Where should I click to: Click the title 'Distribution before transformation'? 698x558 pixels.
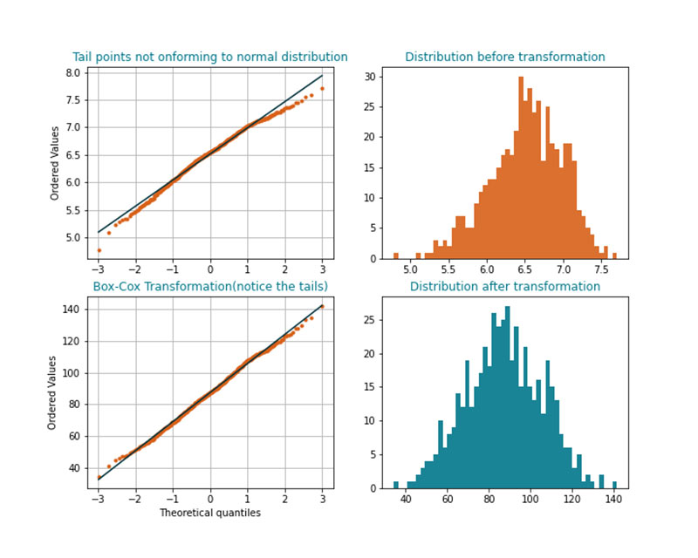[x=504, y=57]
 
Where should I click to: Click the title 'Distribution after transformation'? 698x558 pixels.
[x=504, y=286]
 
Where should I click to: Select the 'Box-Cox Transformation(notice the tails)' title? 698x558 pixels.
[x=210, y=286]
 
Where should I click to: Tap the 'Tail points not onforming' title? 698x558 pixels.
[x=209, y=57]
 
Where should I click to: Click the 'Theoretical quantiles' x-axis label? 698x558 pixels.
[x=209, y=513]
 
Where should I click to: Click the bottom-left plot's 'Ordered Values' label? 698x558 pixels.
[x=52, y=392]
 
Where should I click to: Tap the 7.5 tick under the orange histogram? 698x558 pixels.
[x=601, y=270]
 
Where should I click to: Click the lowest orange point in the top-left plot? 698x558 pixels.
[x=99, y=250]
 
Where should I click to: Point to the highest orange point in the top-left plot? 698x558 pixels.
[x=322, y=88]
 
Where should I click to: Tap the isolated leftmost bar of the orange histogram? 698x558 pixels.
[x=395, y=255]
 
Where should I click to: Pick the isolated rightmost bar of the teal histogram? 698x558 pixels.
[x=614, y=484]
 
